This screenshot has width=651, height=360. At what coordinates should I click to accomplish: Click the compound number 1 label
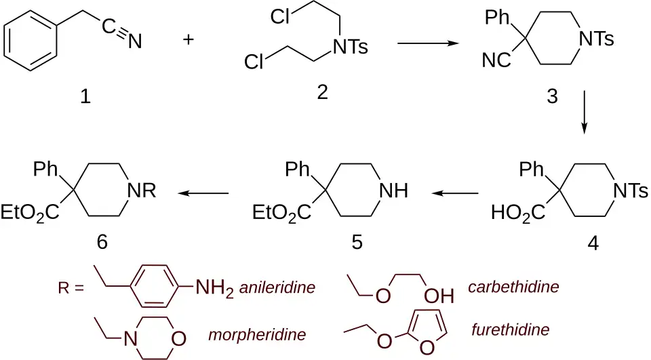pos(85,97)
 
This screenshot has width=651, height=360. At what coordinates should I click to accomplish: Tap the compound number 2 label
pos(322,92)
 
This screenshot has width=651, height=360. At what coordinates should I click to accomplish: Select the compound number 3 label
pos(552,96)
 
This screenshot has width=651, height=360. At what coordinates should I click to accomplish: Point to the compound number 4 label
pos(593,243)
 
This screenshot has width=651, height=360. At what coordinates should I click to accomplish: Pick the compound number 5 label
pos(357,241)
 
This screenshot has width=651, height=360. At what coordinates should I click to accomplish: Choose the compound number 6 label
pos(102,241)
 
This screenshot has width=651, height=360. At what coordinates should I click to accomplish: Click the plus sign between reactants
pos(189,40)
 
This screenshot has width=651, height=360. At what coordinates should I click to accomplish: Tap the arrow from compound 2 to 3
pos(428,43)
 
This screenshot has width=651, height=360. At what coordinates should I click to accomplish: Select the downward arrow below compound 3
pos(584,112)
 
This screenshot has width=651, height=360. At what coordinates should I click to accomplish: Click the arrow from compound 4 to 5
pos(455,193)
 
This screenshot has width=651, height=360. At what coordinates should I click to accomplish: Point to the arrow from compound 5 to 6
pos(203,193)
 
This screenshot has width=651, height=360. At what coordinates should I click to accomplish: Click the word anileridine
pos(277,287)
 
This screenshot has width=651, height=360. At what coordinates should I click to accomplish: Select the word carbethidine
pos(513,287)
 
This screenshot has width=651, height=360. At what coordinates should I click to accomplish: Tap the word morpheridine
pos(257,334)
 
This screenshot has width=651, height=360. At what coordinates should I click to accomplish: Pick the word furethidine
pos(511,329)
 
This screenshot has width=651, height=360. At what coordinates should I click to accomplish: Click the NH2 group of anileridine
pos(214,287)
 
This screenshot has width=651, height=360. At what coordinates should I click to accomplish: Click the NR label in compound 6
pos(142,191)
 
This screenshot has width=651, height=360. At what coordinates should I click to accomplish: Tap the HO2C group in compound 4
pos(518,213)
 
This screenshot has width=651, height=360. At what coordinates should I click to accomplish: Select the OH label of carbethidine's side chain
pos(439,296)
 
